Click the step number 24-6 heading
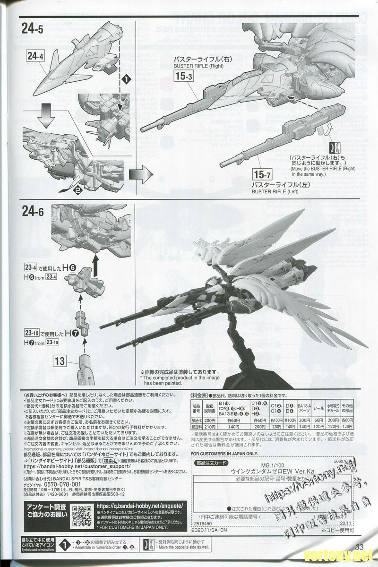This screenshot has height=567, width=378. [x=33, y=212]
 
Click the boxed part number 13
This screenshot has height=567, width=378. [x=60, y=361]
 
